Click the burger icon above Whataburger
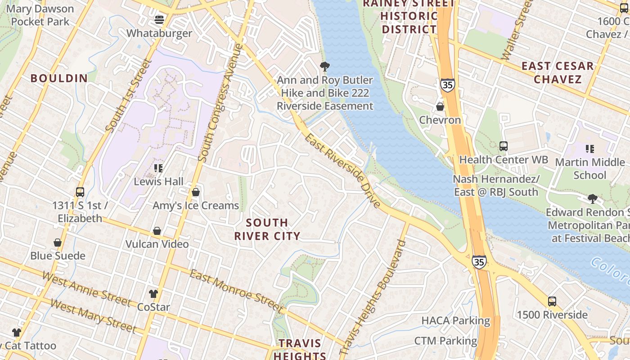coord(159,19)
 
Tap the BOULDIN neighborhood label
coord(59,78)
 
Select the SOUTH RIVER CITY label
coord(267,229)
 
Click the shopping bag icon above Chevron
coord(440,107)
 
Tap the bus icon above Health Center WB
coord(504,146)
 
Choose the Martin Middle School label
coord(589,168)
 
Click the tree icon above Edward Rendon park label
coord(593,198)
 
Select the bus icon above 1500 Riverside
coord(552,301)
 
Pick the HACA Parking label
coord(455,321)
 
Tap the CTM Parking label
coord(445,341)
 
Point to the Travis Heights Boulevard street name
coord(373,297)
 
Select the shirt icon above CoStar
coord(153,294)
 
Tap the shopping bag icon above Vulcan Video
coord(157,231)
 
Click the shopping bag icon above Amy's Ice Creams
coord(196,192)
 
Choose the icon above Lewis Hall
coord(158,168)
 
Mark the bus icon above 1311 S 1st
coord(80,192)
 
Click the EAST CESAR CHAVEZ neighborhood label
coord(558,72)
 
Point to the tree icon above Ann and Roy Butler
coord(324,67)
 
